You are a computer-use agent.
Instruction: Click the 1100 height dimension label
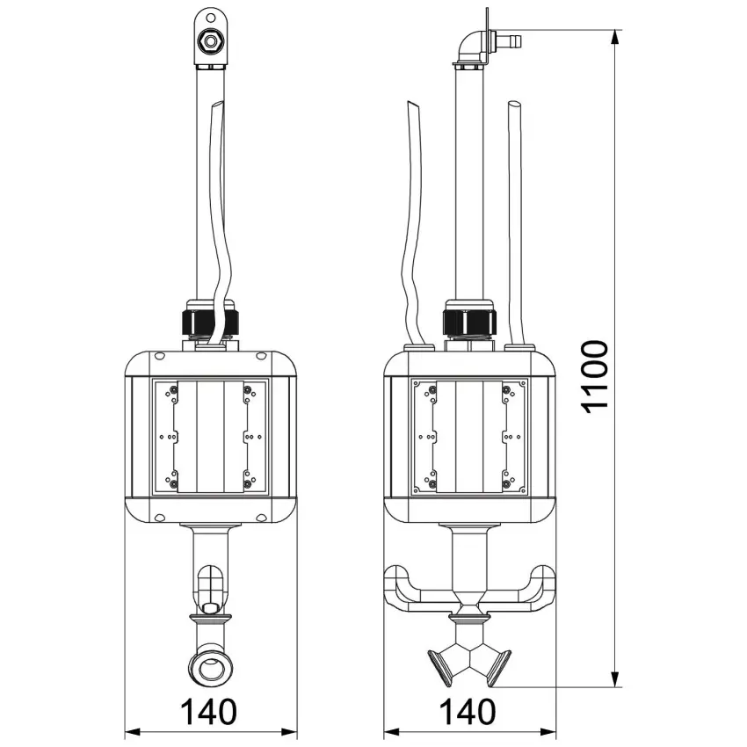coord(595,376)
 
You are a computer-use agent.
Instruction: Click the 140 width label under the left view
coord(208,712)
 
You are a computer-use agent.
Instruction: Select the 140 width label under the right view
coord(467,712)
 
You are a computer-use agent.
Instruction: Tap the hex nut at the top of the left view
coord(210,41)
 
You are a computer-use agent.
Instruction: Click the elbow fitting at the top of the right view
coord(469,47)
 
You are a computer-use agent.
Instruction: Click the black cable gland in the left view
coord(210,323)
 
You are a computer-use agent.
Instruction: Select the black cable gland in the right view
coord(469,322)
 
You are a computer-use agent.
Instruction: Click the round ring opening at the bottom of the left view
coord(210,669)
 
